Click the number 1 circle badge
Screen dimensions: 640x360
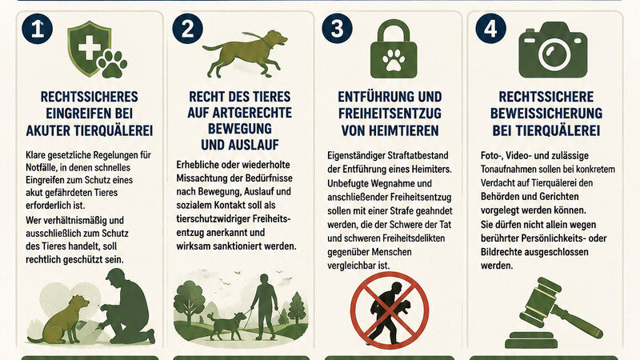[x=37, y=29]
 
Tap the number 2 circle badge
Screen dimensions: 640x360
[x=187, y=29]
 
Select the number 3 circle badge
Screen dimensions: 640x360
[x=337, y=29]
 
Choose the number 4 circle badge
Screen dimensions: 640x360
[x=490, y=29]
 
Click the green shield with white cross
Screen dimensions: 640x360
[x=89, y=49]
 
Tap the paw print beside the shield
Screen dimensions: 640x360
[x=112, y=64]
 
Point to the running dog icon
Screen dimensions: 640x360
[x=245, y=53]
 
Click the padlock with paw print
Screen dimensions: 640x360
[x=394, y=49]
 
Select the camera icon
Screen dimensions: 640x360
[x=553, y=50]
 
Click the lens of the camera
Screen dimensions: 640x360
[x=554, y=54]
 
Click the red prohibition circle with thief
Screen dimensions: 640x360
[x=390, y=310]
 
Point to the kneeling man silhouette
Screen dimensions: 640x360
[x=127, y=306]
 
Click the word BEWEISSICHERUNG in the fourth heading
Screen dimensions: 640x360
[x=546, y=114]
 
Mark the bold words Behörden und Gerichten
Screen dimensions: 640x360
[x=530, y=197]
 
